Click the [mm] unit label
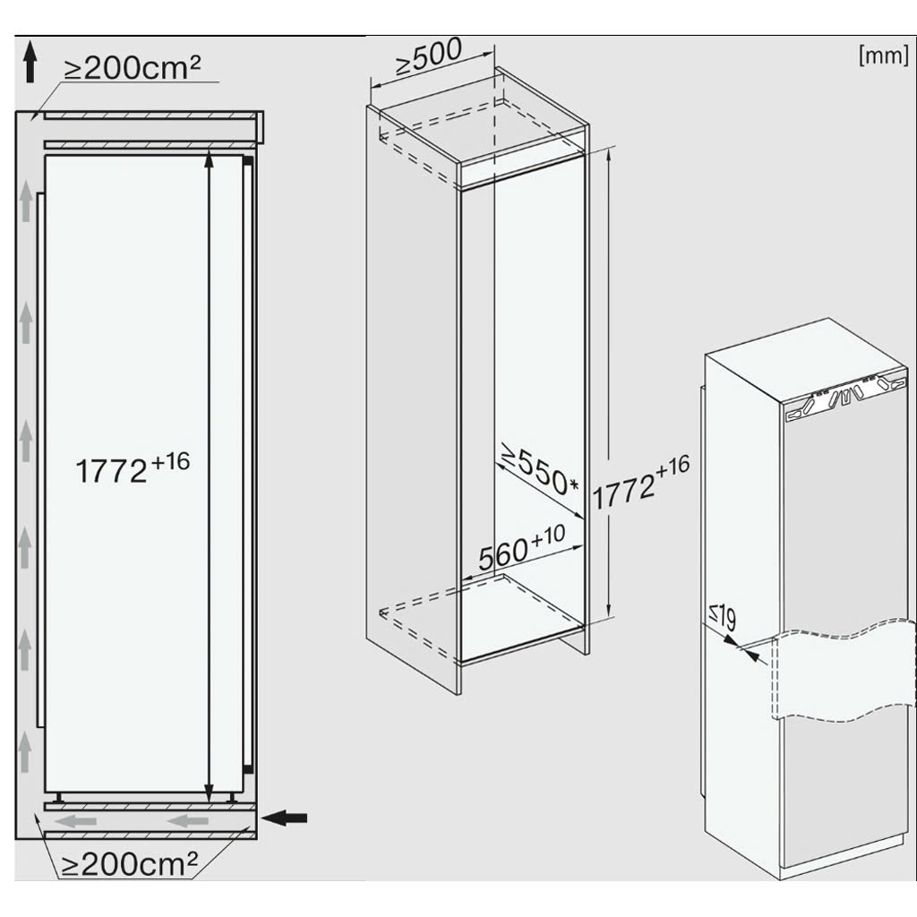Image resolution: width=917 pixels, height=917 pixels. click(883, 56)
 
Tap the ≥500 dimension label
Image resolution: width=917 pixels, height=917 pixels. click(429, 56)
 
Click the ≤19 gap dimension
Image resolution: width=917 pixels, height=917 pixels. click(723, 617)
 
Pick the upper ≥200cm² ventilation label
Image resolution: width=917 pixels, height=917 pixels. click(133, 67)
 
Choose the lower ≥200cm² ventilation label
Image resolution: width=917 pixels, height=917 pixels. click(130, 864)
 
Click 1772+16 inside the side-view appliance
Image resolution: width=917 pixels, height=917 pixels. click(133, 467)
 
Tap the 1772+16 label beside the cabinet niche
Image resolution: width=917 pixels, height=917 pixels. click(641, 483)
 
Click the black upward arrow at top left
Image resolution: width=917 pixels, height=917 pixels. click(30, 64)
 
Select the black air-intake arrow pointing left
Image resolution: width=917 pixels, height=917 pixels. click(284, 818)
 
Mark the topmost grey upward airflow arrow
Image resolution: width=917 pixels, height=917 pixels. click(26, 201)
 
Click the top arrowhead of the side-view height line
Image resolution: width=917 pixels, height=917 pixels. click(209, 157)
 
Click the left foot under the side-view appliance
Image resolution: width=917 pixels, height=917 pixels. click(58, 797)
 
